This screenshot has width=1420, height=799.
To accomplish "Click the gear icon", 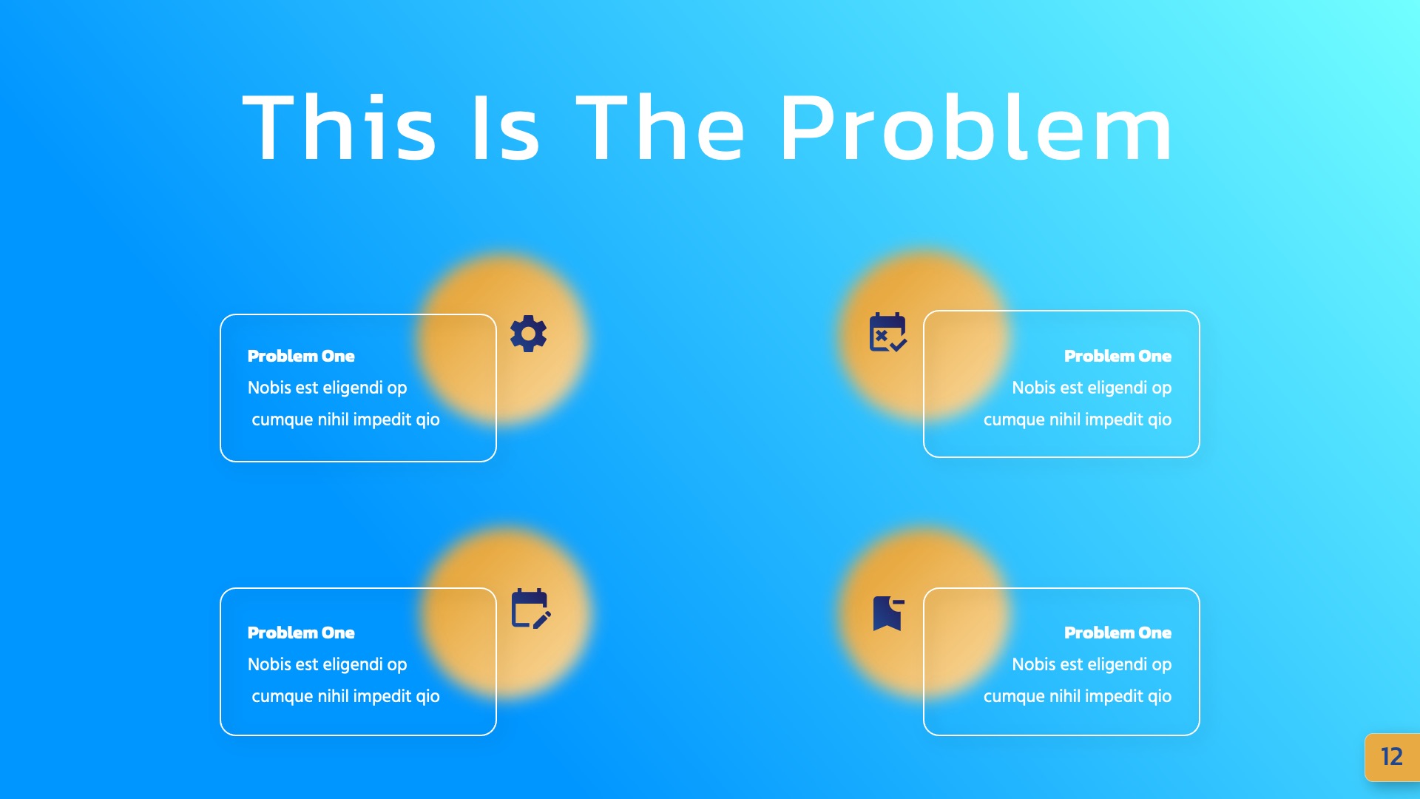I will (x=528, y=334).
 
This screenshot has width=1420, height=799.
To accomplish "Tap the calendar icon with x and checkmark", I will (x=887, y=332).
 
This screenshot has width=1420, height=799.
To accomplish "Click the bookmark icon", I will (x=887, y=613).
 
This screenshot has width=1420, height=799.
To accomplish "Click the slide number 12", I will (x=1391, y=757).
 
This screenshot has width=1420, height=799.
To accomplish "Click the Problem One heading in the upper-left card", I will (x=301, y=356).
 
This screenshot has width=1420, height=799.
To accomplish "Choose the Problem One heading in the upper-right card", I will (x=1118, y=356).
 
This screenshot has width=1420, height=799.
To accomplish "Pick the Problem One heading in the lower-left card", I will (x=301, y=633).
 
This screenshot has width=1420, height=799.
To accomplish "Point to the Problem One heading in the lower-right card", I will (x=1118, y=633).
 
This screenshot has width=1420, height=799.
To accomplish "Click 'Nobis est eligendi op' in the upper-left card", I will (x=327, y=388).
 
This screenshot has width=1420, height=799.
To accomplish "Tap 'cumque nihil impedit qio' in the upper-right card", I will (x=1077, y=419).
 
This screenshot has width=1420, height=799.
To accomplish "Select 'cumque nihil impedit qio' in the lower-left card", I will (x=345, y=696).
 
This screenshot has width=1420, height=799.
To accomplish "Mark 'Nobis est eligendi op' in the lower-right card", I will (x=1091, y=664).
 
